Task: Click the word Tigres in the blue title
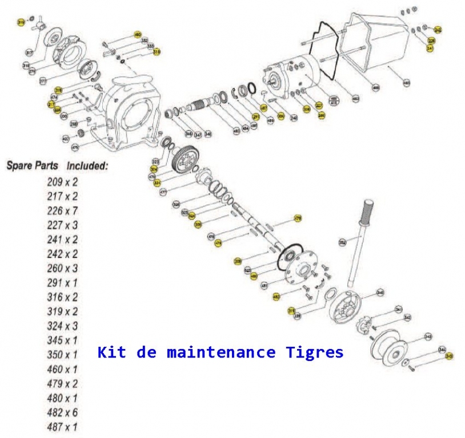click(314, 352)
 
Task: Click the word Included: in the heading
click(87, 166)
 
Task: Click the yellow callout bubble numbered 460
click(137, 35)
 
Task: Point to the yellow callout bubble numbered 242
click(438, 29)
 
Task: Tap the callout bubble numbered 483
click(407, 83)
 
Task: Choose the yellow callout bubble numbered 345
click(449, 356)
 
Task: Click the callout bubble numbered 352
click(342, 242)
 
